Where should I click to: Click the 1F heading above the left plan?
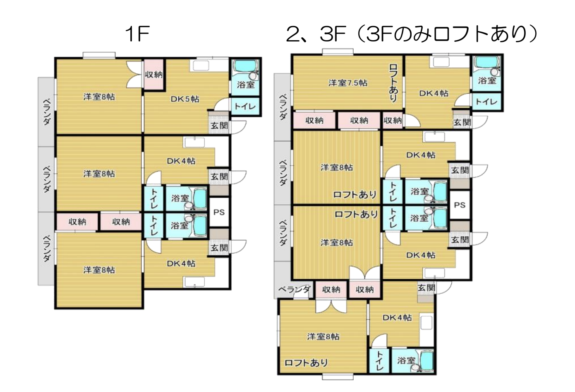[137, 34]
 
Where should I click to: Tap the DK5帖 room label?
[185, 99]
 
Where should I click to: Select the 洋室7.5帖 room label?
[348, 83]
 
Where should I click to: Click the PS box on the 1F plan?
[219, 212]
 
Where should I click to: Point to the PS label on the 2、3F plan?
[460, 205]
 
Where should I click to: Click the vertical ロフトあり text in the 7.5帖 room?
[393, 83]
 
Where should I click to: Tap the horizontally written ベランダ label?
[295, 290]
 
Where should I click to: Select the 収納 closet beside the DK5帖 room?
[153, 75]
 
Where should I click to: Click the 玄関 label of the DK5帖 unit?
[219, 126]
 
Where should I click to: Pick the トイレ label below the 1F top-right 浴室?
[245, 106]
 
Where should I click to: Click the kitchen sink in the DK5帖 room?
[201, 65]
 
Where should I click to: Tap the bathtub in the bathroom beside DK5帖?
[246, 66]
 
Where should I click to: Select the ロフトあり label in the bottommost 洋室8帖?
[306, 363]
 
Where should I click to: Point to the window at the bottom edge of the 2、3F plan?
[338, 377]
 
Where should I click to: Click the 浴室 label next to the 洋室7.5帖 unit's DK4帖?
[487, 80]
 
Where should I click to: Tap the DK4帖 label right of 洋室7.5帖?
[434, 93]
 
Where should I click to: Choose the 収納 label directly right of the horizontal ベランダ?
[331, 290]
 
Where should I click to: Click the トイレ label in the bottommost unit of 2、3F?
[379, 361]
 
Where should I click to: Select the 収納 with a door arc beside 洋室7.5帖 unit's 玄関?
[393, 120]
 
